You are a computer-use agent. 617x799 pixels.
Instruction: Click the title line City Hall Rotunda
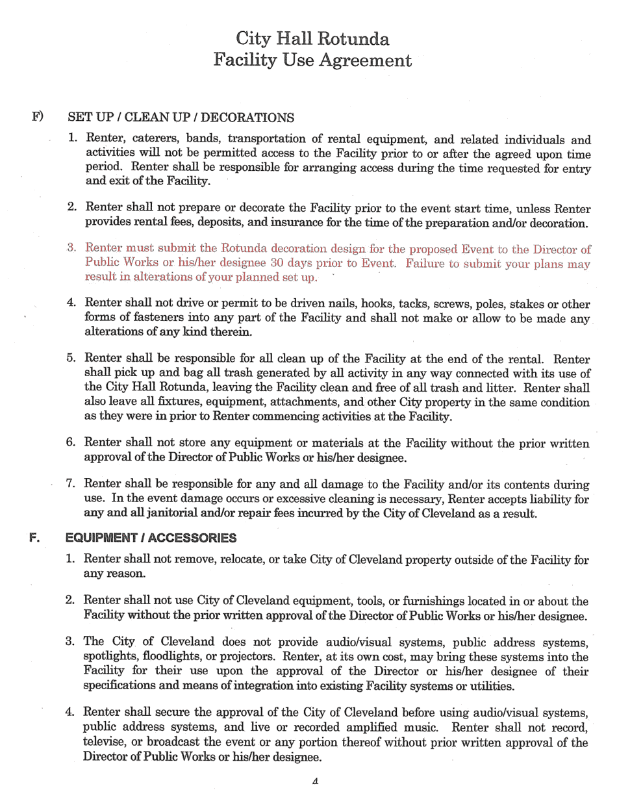tap(312, 39)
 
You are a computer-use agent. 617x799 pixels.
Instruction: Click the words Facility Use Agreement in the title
tap(312, 60)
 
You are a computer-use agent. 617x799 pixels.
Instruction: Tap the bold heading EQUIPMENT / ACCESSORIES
tap(151, 538)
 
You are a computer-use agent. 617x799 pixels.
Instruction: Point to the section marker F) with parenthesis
tap(38, 117)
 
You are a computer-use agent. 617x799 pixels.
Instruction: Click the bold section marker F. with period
tap(36, 538)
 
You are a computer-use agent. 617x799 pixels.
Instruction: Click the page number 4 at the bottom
tap(314, 781)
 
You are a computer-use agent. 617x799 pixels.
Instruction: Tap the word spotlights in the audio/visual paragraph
tap(112, 657)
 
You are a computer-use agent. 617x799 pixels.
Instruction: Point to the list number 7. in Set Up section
tap(73, 485)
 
